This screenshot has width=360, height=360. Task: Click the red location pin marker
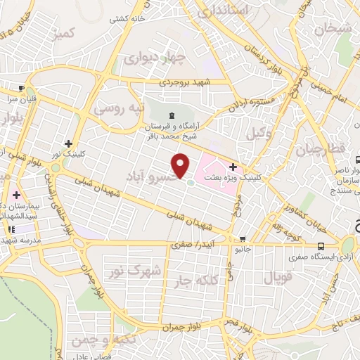tap(181, 166)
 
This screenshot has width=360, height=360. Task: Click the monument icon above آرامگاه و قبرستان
tap(172, 115)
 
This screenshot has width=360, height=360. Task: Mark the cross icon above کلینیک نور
tap(67, 143)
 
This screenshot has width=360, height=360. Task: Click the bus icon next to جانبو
tap(242, 238)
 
